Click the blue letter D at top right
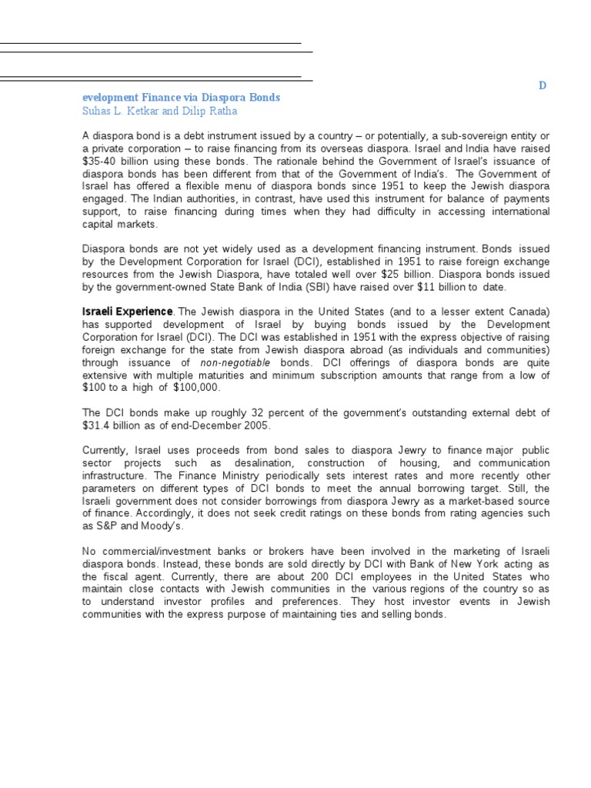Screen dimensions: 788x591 point(542,86)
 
